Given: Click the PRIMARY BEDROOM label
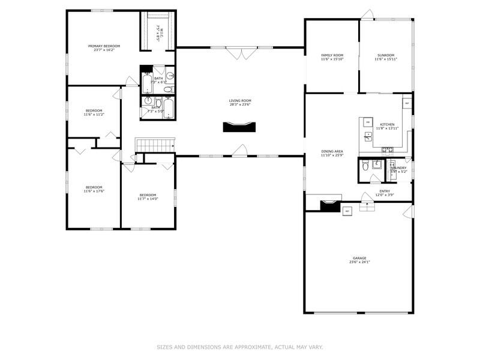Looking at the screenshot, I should [x=104, y=46].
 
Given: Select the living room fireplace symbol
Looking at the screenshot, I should [x=239, y=127].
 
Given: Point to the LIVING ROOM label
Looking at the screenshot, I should [x=239, y=101].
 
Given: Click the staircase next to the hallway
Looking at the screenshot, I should [x=155, y=145].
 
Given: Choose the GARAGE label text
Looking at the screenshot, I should [x=359, y=258].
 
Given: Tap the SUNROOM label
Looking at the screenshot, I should [x=386, y=55].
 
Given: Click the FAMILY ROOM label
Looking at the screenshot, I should [x=332, y=55].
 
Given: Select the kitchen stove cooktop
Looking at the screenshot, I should [x=388, y=149].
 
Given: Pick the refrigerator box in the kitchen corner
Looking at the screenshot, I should [x=407, y=103].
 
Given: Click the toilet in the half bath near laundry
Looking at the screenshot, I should [x=365, y=168].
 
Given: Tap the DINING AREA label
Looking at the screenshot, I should [x=332, y=152].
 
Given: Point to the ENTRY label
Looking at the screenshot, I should [x=385, y=191].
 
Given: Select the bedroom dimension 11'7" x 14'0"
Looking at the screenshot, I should [x=148, y=199].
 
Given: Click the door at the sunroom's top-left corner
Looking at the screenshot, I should [x=367, y=14].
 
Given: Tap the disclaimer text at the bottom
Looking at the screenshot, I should [x=239, y=347].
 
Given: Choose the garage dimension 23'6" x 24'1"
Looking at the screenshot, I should [x=359, y=262].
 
